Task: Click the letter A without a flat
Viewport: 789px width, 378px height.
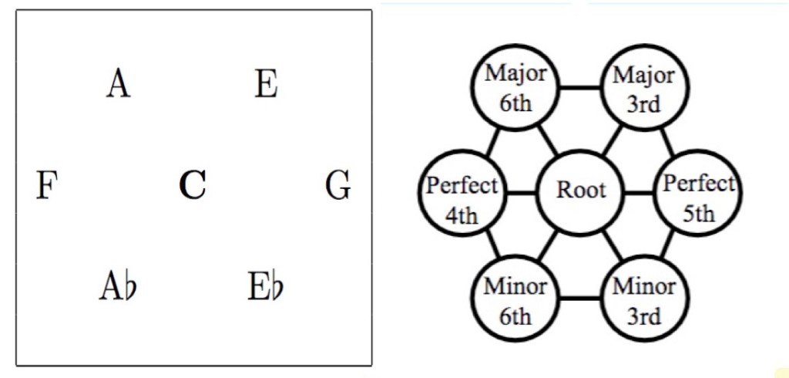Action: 118,83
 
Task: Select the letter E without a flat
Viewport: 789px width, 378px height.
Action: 266,83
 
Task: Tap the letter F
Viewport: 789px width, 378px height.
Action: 47,186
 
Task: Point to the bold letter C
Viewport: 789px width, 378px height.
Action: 192,185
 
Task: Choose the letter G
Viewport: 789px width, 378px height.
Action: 338,186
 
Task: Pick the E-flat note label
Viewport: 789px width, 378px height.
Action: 267,286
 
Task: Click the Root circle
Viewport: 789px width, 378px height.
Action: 581,190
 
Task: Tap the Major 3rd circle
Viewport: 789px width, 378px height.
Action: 643,89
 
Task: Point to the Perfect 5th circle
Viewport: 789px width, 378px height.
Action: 699,197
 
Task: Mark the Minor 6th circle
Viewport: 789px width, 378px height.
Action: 515,299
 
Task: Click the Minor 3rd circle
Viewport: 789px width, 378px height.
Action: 643,299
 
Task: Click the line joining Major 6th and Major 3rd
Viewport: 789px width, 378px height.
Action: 579,87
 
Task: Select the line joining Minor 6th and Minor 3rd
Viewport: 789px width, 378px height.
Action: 579,298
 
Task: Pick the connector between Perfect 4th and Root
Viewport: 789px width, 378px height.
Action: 522,191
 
